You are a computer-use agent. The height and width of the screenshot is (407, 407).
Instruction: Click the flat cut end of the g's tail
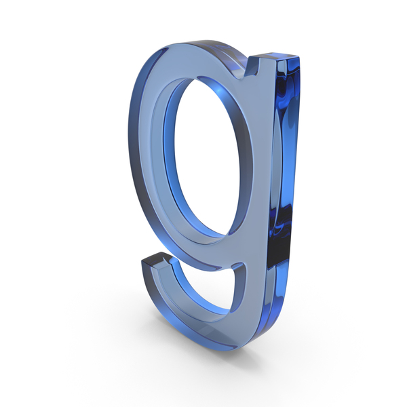pyautogui.click(x=156, y=260)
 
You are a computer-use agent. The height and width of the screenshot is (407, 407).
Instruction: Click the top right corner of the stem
pyautogui.click(x=300, y=56)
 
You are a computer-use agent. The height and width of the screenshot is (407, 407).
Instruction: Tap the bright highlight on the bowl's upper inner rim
pyautogui.click(x=220, y=90)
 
